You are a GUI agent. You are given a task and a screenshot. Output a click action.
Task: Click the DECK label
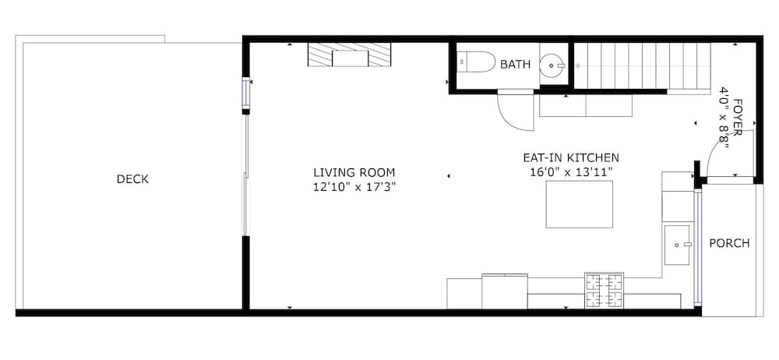coord(132,179)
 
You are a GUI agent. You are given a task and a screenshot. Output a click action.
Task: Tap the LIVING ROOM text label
coord(354,172)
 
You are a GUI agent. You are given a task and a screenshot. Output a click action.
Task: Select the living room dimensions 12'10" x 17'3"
coord(354,188)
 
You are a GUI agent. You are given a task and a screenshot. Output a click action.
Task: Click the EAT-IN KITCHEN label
coord(571,158)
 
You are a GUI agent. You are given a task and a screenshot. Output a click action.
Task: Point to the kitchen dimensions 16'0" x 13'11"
coord(571,172)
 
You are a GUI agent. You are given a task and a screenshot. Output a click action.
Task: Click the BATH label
coord(515,64)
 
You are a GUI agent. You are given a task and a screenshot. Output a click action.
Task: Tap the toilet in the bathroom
coord(476,63)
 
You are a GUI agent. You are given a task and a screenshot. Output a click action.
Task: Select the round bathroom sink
coord(552,65)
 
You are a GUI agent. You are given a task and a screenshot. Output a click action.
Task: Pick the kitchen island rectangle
coord(580,204)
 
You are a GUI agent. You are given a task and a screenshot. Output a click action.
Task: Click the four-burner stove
coord(604,291)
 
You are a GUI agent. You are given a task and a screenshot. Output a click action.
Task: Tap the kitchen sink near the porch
coord(677,245)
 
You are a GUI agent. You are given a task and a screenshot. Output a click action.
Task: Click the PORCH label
coord(729,244)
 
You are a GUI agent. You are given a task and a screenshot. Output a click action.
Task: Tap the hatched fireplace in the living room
coord(349,55)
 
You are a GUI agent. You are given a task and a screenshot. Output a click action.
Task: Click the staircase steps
coord(642,65)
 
